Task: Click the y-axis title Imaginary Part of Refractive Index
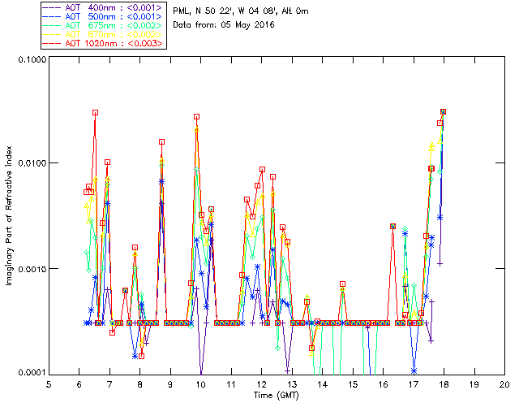pos(13,215)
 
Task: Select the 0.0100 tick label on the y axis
pos(31,164)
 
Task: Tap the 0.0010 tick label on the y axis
pos(31,269)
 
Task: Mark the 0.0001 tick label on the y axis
pos(31,373)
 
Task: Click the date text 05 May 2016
pos(246,25)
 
